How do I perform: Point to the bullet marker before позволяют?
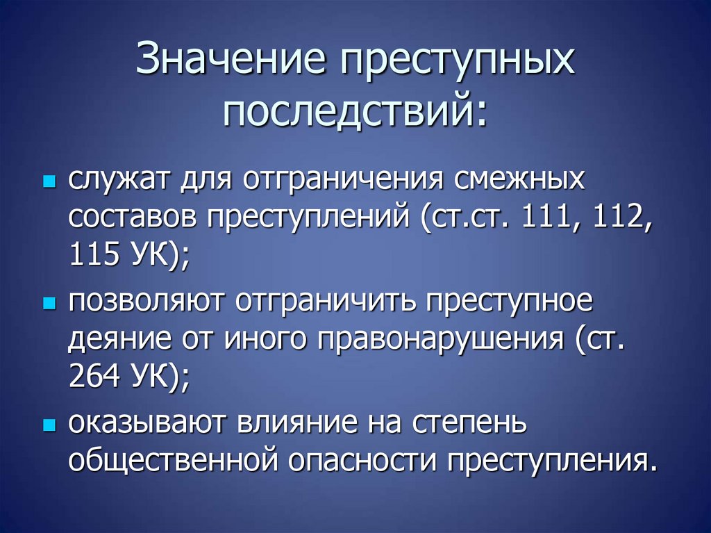48,304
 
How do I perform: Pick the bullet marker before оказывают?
48,425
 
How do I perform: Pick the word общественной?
178,462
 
